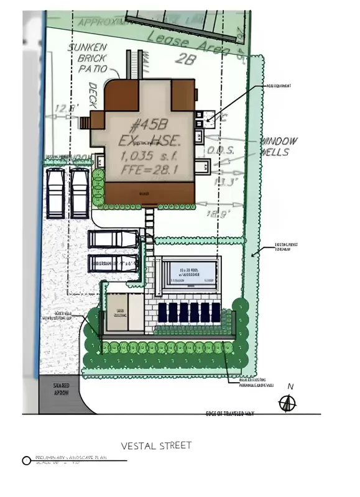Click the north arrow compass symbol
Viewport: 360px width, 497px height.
click(288, 403)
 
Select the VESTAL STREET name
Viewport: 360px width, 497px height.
click(156, 445)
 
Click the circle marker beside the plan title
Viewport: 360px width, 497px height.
click(26, 461)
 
